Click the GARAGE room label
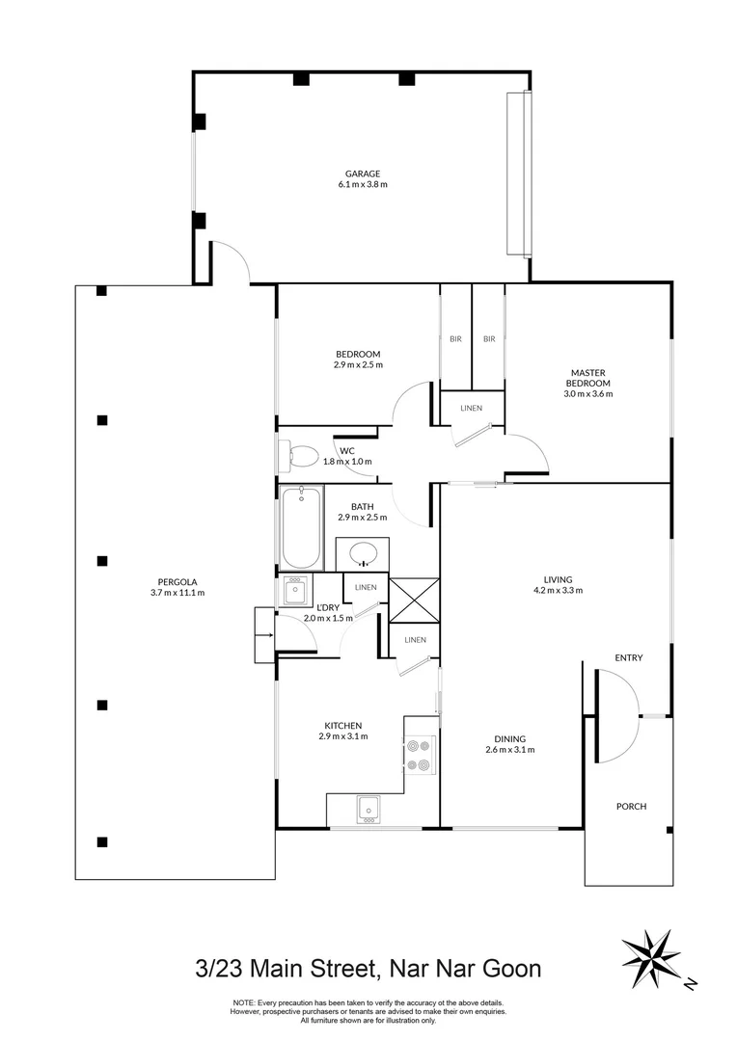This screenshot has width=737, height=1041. point(363,173)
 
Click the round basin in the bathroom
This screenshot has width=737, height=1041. point(363,554)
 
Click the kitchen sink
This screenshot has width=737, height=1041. point(367,809)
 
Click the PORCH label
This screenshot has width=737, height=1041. point(631,807)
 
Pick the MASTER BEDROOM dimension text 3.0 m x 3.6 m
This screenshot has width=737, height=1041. point(587,393)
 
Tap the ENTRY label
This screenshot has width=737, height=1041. point(629,658)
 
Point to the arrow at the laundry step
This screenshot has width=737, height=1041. point(264,635)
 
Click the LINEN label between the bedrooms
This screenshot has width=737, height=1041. point(471,408)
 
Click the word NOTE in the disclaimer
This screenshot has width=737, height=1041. point(244,1002)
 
